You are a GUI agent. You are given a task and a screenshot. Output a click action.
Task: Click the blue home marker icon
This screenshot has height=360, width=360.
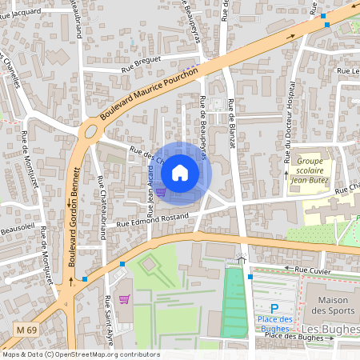180,172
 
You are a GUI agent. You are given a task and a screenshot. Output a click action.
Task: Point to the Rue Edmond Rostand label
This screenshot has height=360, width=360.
152,218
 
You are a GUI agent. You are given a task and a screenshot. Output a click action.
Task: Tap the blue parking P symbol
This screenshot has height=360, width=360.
274,308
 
